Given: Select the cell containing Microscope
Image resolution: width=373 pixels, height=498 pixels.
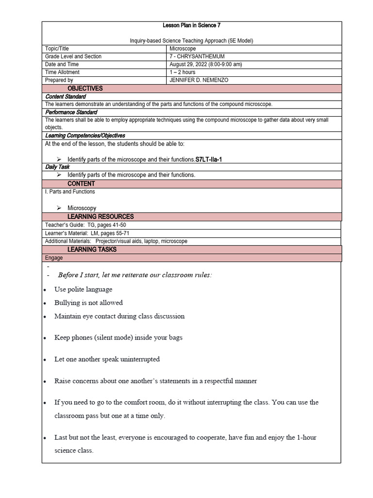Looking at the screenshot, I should (x=183, y=49).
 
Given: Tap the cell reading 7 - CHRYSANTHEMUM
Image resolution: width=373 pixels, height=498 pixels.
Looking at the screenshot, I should (x=197, y=56).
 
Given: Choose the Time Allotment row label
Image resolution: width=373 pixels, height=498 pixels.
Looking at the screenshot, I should (x=62, y=72).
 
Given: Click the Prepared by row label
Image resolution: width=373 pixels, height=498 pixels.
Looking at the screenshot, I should (x=59, y=80).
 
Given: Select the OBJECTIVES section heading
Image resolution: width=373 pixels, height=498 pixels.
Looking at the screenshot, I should (x=85, y=89).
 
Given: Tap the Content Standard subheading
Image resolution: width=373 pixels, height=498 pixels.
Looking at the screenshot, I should (x=65, y=97).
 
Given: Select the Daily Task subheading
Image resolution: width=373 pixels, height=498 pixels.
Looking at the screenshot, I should (x=57, y=167).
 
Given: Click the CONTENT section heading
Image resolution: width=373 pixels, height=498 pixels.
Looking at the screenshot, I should (x=81, y=184).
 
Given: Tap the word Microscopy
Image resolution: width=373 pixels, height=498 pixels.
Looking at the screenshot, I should (x=82, y=208).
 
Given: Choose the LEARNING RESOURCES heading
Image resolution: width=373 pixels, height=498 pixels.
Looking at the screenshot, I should (x=101, y=216).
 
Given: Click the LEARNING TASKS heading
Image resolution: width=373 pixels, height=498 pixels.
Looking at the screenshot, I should (x=92, y=249).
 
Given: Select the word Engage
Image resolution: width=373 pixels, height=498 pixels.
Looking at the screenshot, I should (x=54, y=258).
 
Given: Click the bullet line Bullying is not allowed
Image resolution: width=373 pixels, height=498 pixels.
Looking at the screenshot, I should (x=88, y=302).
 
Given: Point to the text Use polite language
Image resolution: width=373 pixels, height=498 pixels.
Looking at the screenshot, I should (x=83, y=289).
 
